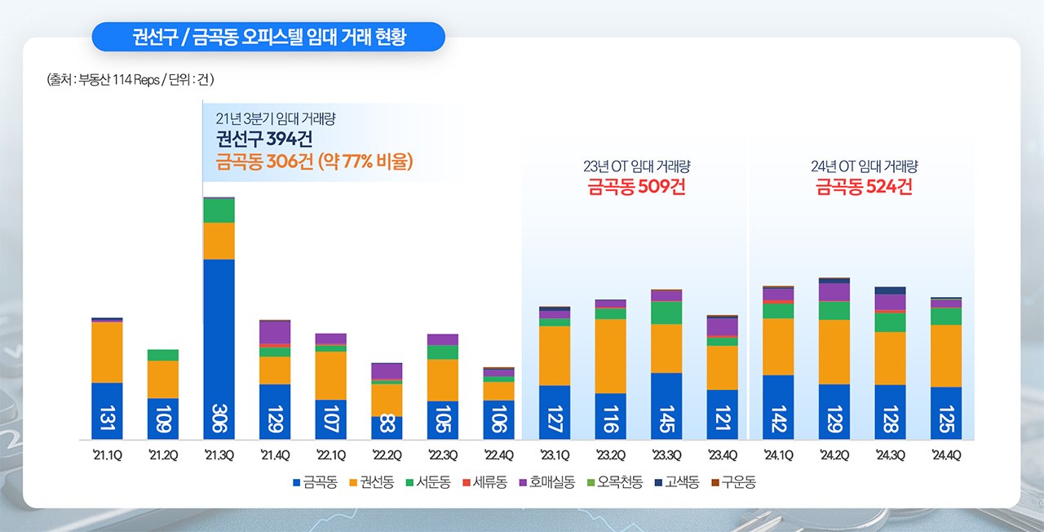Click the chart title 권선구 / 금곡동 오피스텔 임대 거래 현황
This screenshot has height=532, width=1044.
point(268,38)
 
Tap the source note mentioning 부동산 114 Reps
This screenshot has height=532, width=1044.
point(130,80)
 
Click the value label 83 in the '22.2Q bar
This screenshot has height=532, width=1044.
point(387,427)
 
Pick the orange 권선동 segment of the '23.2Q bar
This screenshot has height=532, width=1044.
point(610,356)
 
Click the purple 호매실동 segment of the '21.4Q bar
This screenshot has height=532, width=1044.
point(275,332)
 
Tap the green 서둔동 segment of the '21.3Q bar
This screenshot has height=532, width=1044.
point(219,211)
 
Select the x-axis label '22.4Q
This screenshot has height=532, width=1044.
point(498,455)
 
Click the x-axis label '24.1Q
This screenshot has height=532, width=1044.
point(778,455)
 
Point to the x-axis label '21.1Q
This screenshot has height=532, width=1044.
point(107,455)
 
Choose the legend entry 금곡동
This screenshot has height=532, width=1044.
point(315,482)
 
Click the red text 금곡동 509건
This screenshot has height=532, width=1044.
point(636,187)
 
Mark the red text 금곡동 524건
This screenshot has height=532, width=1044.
point(864,187)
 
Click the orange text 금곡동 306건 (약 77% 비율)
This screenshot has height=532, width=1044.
point(314,161)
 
